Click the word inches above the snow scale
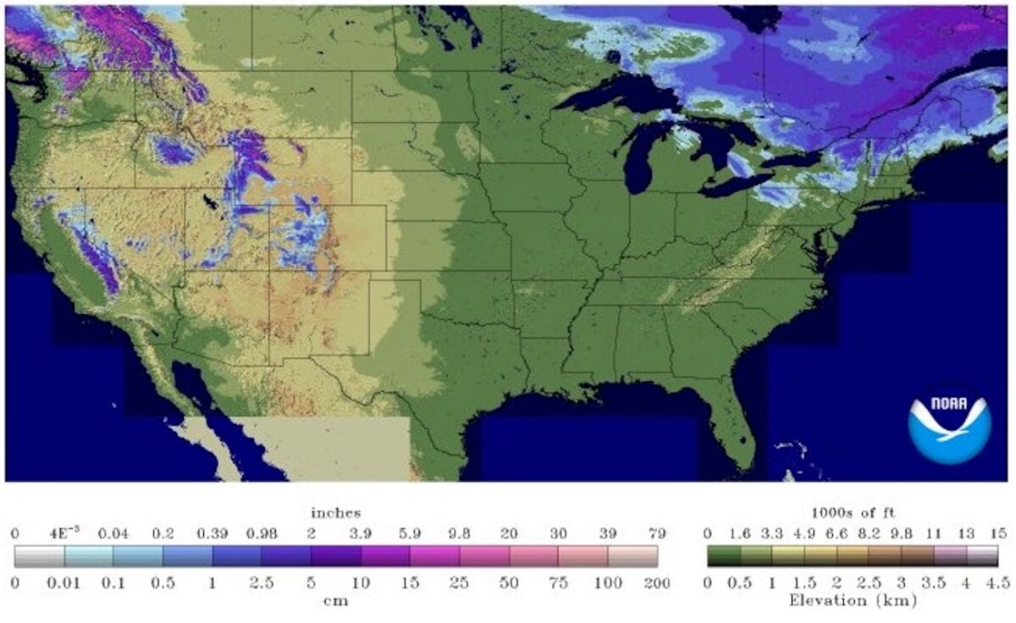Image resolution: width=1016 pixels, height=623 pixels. (335, 513)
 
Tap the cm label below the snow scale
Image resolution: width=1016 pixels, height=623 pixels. (336, 601)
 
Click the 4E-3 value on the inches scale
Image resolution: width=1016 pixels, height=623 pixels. (64, 534)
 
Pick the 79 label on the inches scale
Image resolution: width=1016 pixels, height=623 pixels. (657, 534)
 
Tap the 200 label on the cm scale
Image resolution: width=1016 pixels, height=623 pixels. (657, 584)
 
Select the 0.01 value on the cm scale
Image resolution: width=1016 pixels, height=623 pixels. (64, 584)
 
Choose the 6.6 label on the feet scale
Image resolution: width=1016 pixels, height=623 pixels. (837, 534)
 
